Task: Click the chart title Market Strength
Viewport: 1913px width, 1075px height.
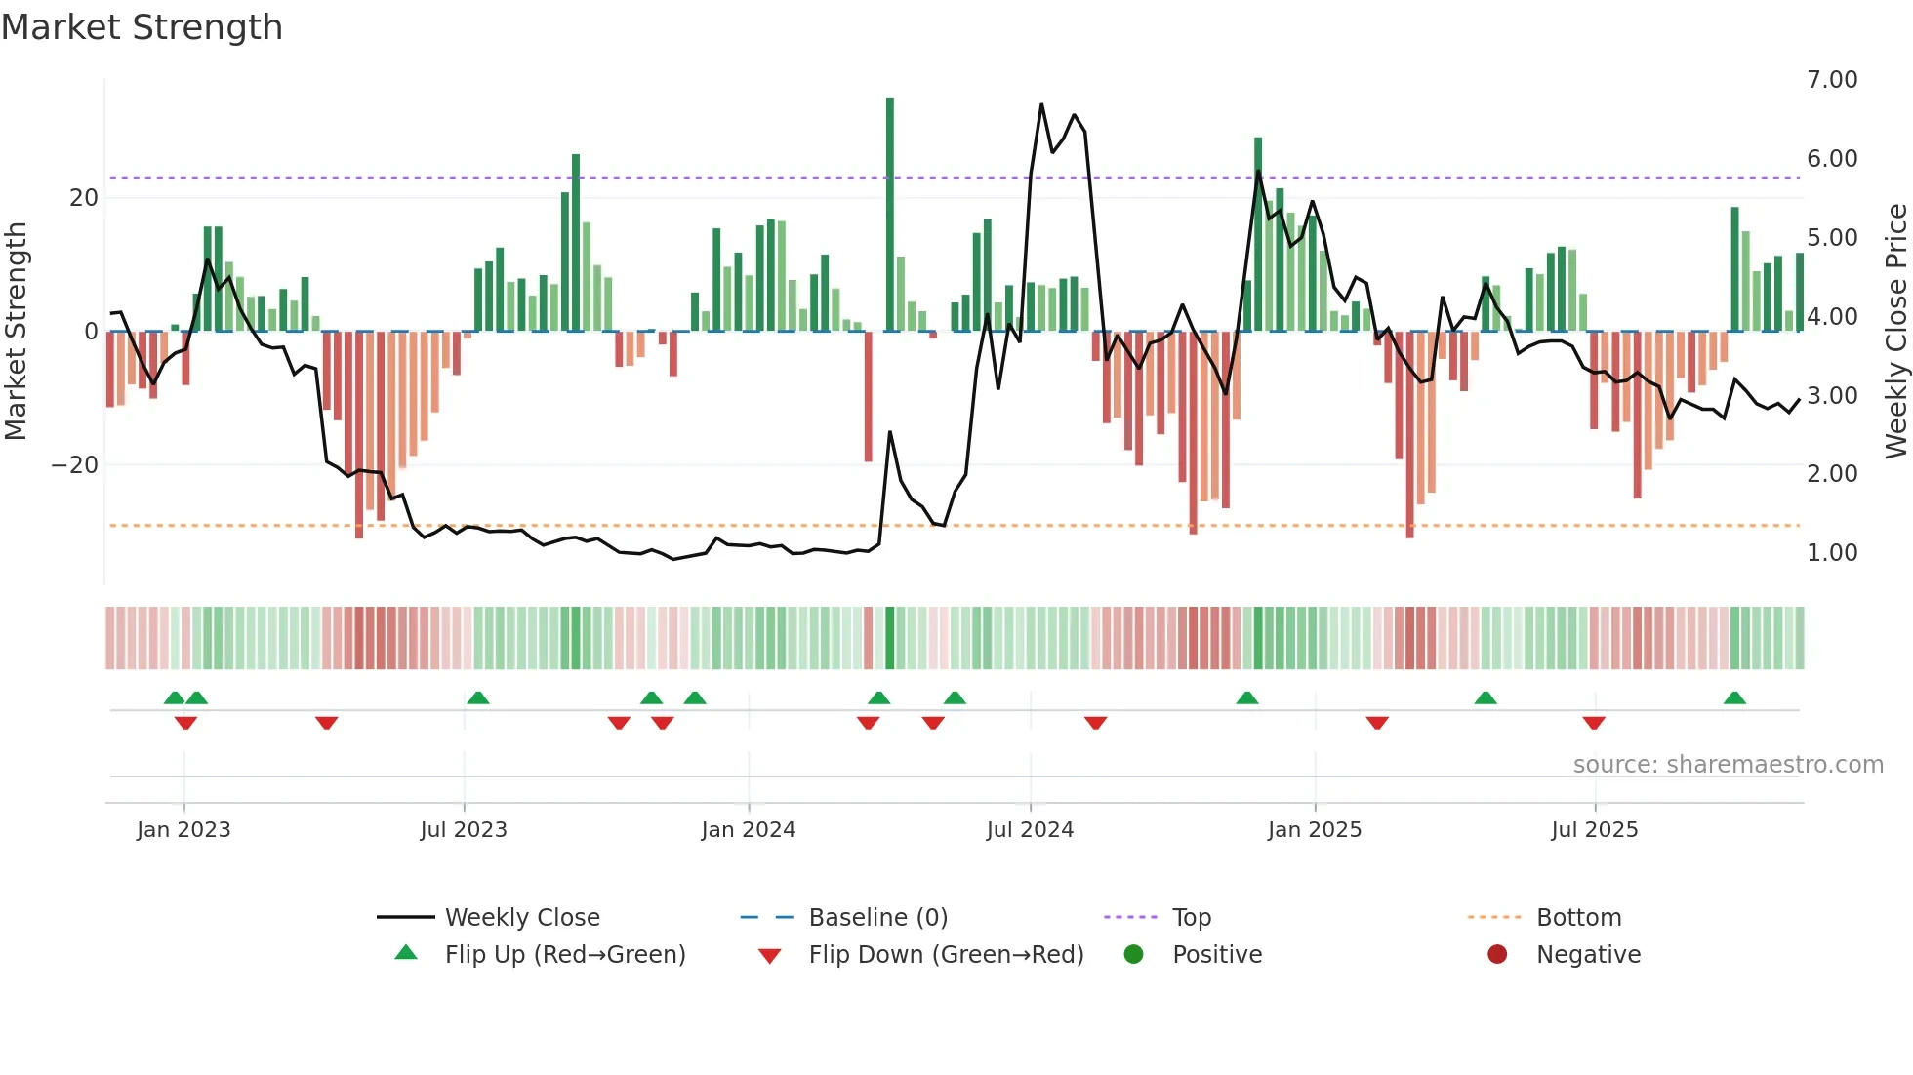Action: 142,27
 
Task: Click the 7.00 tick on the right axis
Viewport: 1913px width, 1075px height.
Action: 1831,80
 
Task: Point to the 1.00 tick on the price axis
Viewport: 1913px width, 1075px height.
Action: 1831,553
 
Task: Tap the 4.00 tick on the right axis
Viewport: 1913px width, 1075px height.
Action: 1831,317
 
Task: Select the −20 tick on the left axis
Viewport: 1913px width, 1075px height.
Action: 75,465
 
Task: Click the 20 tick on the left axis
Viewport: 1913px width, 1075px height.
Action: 84,198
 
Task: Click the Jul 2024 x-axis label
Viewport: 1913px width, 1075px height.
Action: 1030,830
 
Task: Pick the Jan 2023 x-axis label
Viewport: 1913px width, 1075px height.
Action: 183,830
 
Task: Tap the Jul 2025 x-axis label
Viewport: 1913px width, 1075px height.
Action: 1594,830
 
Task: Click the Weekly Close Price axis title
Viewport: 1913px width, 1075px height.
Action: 1895,332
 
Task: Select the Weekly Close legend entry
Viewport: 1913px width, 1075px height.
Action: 521,918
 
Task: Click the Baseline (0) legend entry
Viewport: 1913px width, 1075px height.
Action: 877,918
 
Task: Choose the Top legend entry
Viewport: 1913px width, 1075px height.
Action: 1191,918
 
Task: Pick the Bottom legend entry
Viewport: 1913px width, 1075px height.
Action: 1578,918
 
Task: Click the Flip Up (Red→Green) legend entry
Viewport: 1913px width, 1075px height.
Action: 564,955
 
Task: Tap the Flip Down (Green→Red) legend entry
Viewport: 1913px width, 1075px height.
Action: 946,955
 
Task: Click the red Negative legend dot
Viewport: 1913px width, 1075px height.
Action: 1497,955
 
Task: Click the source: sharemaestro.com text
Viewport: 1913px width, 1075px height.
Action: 1728,765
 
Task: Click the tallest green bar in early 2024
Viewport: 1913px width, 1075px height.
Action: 890,215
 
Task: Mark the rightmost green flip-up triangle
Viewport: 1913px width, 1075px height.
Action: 1734,698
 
